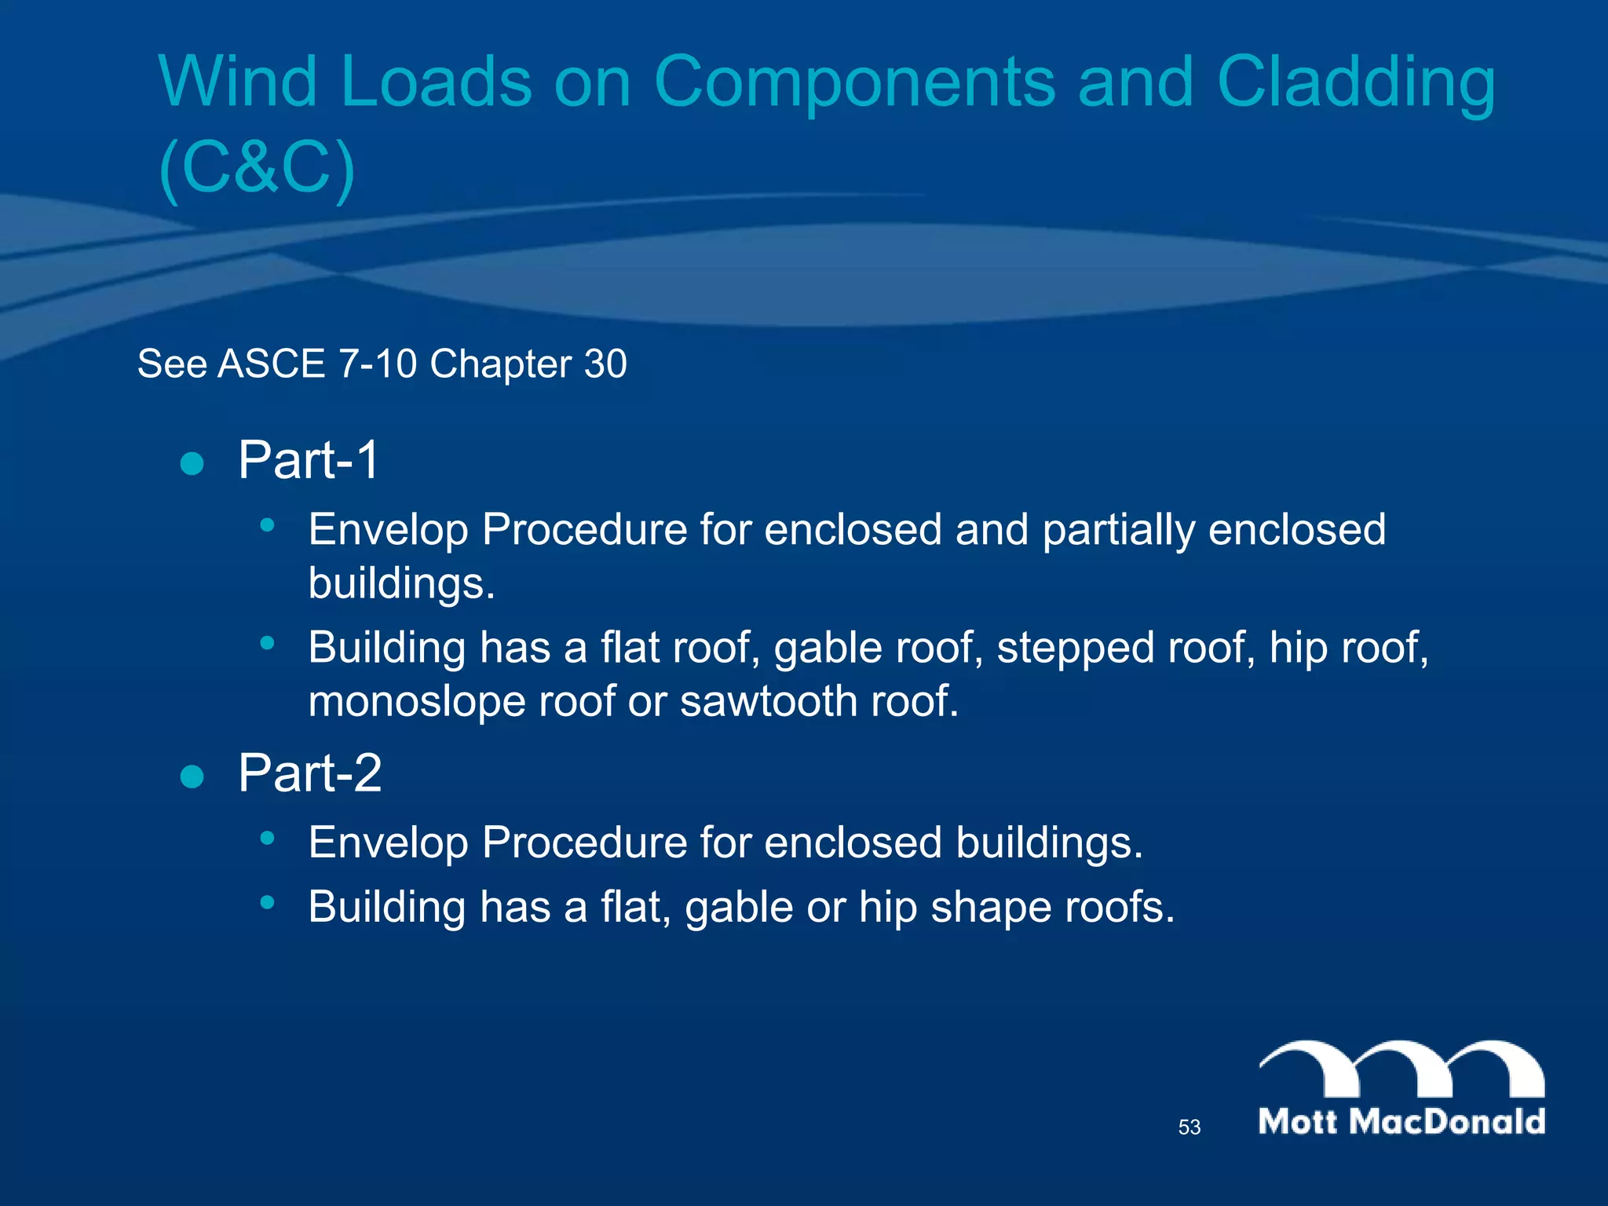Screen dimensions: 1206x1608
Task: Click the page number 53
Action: click(x=1189, y=1127)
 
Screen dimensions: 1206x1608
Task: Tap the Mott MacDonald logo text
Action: click(x=1402, y=1121)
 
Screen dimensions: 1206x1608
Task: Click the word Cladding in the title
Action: click(x=1356, y=82)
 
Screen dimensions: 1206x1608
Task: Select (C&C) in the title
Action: click(x=257, y=168)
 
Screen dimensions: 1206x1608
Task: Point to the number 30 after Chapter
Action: click(x=605, y=364)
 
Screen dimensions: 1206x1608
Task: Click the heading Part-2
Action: click(x=309, y=773)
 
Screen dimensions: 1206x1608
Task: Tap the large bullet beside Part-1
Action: click(x=192, y=463)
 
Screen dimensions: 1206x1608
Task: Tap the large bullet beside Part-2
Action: click(x=192, y=777)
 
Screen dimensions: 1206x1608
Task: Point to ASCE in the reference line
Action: click(x=272, y=364)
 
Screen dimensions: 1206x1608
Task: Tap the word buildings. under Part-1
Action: click(x=401, y=583)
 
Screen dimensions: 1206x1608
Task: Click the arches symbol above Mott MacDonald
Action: click(x=1402, y=1068)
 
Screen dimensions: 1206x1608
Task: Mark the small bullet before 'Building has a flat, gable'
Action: click(x=268, y=902)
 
